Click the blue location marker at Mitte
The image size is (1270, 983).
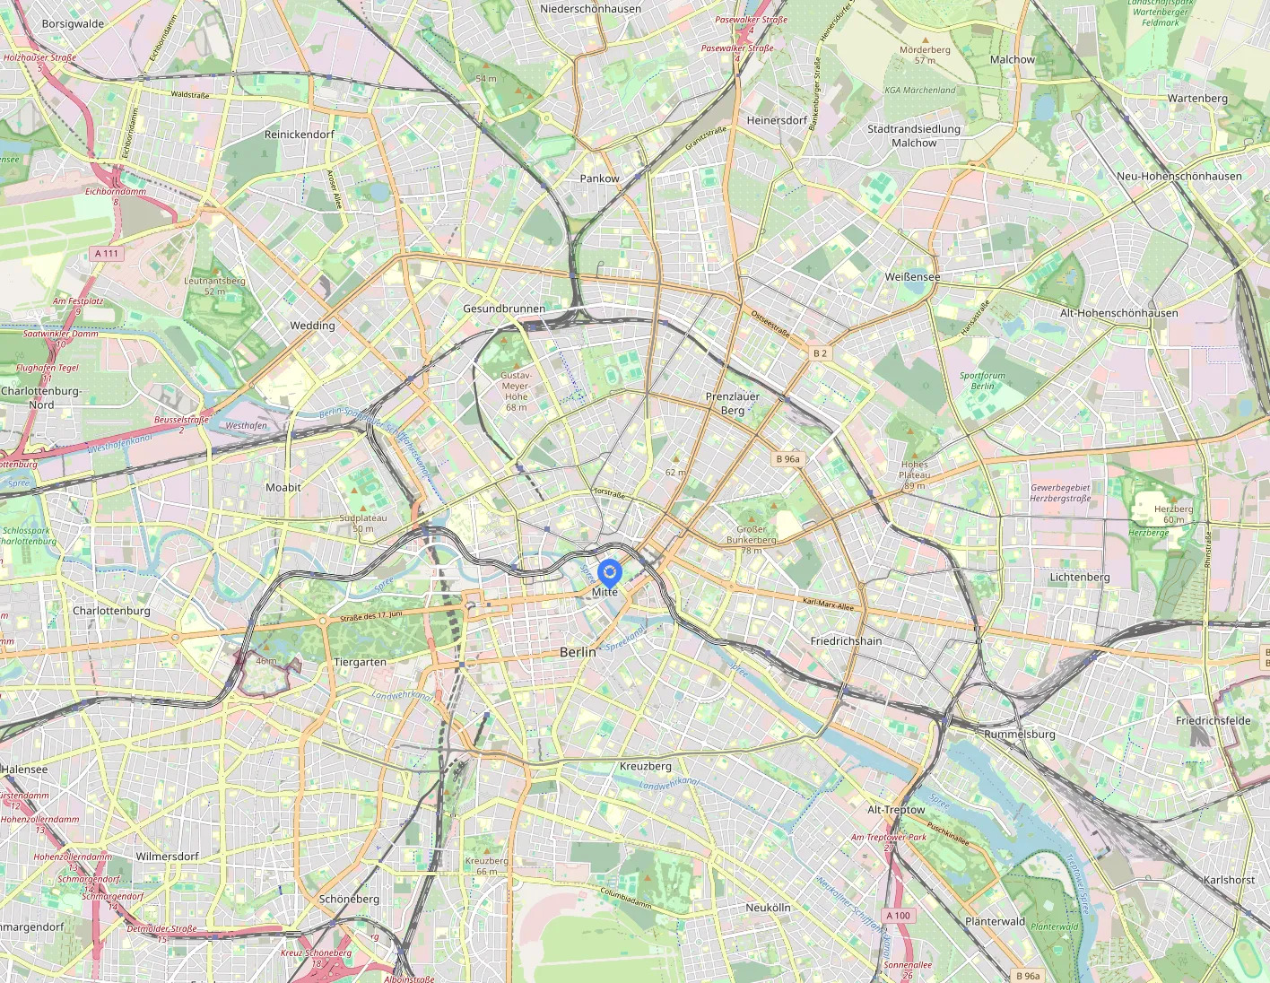click(x=609, y=572)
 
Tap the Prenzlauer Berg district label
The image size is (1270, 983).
click(x=732, y=404)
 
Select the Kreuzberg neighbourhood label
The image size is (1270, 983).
click(x=645, y=766)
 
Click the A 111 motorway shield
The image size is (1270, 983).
click(x=107, y=254)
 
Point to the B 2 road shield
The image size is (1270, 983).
click(x=820, y=353)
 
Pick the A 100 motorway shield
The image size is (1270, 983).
click(x=898, y=916)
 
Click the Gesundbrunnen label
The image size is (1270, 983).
click(x=504, y=309)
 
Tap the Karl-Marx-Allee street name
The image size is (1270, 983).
click(x=828, y=605)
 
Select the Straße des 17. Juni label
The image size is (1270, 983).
click(x=370, y=616)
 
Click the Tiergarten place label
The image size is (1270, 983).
click(x=360, y=662)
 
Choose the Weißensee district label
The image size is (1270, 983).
click(x=912, y=277)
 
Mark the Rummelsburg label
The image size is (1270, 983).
click(x=1019, y=734)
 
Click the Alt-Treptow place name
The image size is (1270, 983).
click(x=895, y=809)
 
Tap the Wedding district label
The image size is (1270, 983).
click(x=312, y=326)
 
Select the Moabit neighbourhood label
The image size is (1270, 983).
click(x=283, y=487)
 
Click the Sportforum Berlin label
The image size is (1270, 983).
click(x=982, y=381)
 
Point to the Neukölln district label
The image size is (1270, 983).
click(x=768, y=908)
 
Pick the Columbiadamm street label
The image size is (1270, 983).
click(x=626, y=898)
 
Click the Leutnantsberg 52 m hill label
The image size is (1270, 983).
click(x=214, y=285)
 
